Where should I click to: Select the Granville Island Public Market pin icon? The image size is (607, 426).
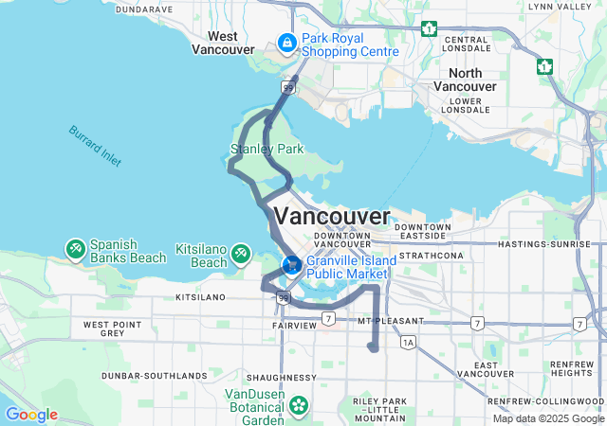click(293, 264)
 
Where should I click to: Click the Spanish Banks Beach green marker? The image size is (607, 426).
click(74, 249)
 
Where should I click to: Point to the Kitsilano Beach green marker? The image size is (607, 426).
click(241, 254)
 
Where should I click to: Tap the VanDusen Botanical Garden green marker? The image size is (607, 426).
click(300, 406)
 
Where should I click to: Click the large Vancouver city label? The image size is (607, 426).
click(331, 215)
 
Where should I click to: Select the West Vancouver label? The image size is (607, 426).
click(223, 43)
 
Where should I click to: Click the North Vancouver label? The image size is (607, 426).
click(465, 80)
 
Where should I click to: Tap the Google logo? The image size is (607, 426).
click(30, 415)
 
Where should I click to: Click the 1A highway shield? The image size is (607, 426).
click(408, 341)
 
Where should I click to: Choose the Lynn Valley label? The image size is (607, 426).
click(559, 7)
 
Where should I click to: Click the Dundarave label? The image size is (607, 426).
click(143, 9)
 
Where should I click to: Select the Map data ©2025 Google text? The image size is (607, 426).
click(548, 418)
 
